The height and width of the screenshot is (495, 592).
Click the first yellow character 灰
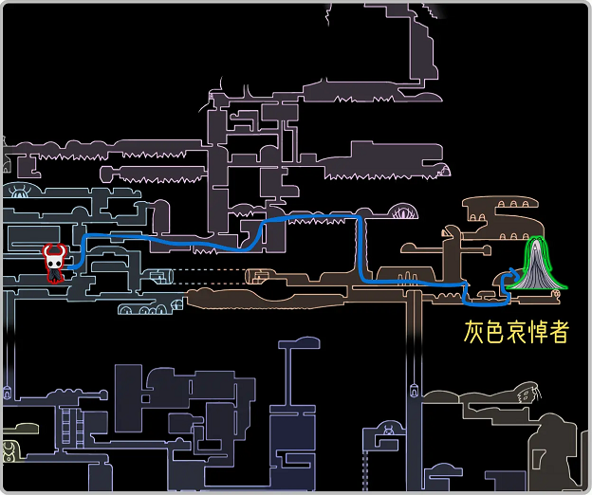[475, 331]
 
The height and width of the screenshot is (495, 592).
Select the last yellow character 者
[557, 331]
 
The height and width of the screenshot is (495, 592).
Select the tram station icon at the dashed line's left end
[159, 276]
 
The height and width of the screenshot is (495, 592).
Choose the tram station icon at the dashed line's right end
[254, 276]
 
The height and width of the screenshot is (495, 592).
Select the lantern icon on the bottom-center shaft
[415, 389]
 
